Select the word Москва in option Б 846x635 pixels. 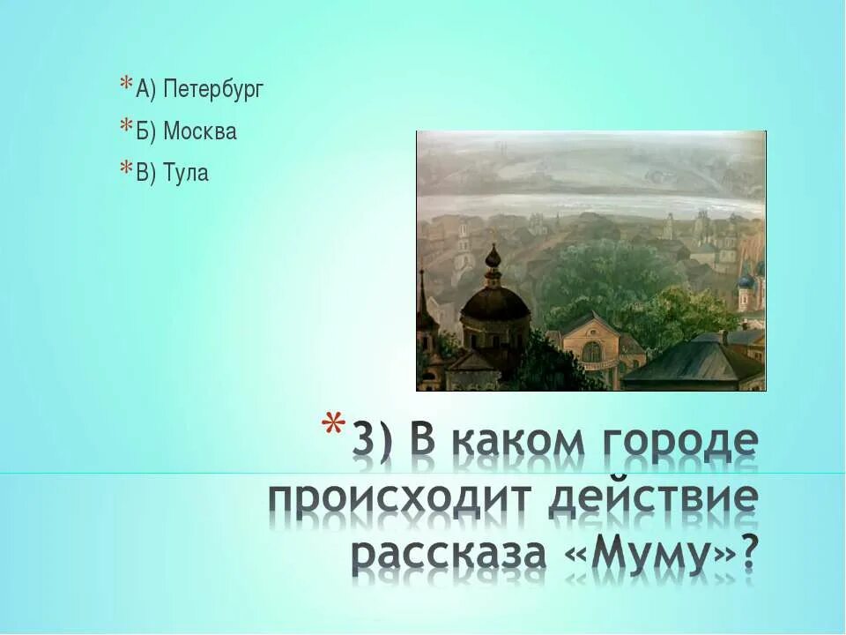[x=199, y=132]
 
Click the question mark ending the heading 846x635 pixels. [x=749, y=554]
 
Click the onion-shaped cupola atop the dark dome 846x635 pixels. [x=493, y=261]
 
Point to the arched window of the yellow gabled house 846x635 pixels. [x=592, y=351]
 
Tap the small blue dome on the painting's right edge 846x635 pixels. [x=746, y=280]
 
